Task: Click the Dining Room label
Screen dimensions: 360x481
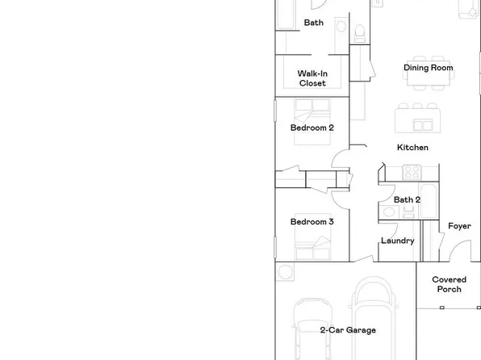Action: click(428, 69)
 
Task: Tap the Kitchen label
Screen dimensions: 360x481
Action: click(412, 148)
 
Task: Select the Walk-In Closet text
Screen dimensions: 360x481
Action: click(312, 78)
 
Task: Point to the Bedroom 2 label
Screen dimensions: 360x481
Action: click(312, 128)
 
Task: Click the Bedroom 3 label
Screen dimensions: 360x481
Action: click(312, 222)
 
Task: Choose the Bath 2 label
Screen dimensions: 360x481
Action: click(407, 199)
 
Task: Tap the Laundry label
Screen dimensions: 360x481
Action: click(397, 241)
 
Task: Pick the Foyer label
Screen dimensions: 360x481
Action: click(459, 226)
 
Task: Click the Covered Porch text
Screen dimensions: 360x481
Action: click(449, 284)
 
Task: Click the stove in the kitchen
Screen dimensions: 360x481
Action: click(412, 171)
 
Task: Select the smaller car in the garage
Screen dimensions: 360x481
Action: click(312, 327)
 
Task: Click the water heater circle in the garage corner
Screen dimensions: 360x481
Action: click(285, 272)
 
